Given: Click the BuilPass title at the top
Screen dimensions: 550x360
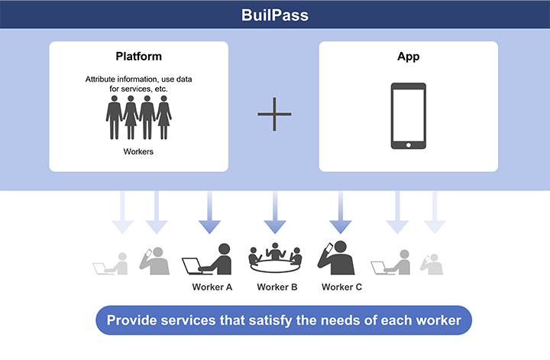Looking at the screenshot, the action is click(x=275, y=15).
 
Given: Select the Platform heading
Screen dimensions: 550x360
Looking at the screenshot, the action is click(x=138, y=56).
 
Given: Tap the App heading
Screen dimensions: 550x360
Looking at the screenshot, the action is click(x=408, y=57).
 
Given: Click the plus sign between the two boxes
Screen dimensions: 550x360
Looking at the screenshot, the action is click(x=274, y=114).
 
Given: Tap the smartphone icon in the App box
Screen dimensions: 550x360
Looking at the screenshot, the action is click(x=408, y=115).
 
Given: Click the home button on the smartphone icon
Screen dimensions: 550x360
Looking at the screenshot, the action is click(x=408, y=145).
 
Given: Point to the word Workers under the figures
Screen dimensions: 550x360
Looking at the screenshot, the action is click(x=138, y=151).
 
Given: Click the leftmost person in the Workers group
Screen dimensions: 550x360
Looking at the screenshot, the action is click(x=114, y=117).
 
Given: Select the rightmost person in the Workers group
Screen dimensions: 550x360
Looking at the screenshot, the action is click(x=163, y=117).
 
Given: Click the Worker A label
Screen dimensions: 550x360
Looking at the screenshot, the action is click(x=212, y=287).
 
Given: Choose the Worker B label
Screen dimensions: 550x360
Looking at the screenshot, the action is click(x=277, y=287).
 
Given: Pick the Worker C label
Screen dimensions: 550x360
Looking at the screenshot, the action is click(x=341, y=287).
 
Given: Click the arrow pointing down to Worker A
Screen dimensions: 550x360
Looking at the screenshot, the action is click(x=209, y=212).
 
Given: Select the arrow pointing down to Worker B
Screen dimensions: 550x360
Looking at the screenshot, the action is click(x=275, y=212).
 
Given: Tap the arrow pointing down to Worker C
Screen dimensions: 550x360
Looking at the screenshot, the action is click(x=340, y=212).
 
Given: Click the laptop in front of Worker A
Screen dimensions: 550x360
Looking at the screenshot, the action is click(x=192, y=266).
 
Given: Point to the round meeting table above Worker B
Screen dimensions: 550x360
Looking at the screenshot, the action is click(x=275, y=266).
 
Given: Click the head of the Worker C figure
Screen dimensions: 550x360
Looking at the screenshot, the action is click(x=340, y=247).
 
